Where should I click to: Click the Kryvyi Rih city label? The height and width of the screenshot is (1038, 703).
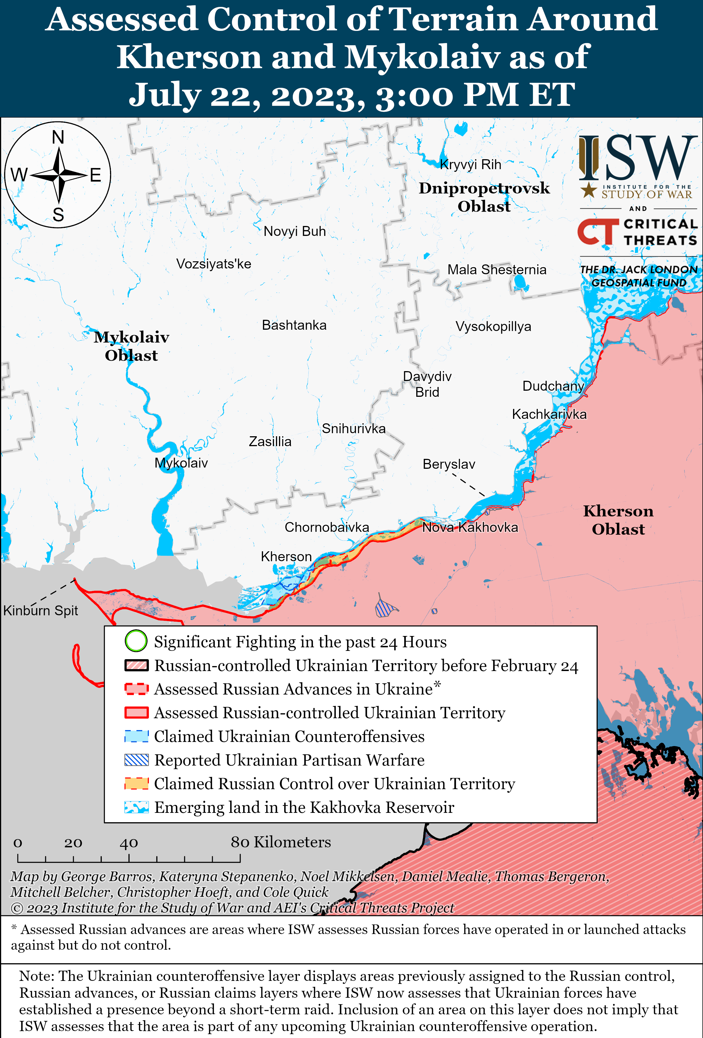click(470, 165)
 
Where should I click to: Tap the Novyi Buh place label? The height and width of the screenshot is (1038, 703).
click(295, 231)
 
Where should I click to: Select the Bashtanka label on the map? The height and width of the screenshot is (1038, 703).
click(294, 325)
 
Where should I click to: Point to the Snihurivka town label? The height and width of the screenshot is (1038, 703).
click(353, 429)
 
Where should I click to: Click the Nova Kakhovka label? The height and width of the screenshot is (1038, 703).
click(470, 528)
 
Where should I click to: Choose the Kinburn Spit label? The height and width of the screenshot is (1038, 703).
click(41, 611)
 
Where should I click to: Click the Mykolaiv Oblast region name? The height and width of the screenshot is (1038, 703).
click(131, 346)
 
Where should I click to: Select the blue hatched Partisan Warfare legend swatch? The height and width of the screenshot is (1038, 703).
click(136, 760)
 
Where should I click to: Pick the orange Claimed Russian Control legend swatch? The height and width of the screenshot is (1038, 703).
click(136, 783)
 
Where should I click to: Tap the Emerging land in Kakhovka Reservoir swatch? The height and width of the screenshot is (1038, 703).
click(136, 807)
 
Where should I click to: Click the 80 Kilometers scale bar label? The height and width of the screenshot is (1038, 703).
click(281, 842)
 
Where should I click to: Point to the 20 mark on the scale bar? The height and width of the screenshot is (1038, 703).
click(73, 843)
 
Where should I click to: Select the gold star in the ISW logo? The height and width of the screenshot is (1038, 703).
click(589, 190)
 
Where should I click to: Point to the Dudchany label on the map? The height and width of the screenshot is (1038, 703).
click(553, 386)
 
